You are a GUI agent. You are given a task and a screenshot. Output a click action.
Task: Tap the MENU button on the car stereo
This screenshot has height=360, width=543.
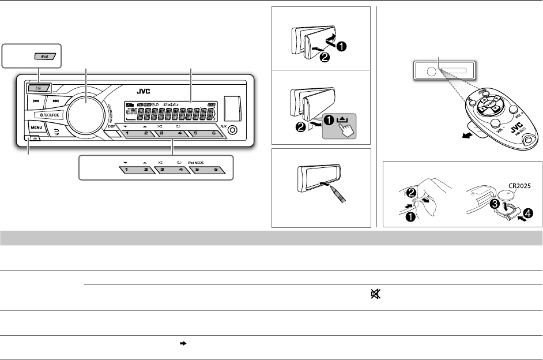click(36, 126)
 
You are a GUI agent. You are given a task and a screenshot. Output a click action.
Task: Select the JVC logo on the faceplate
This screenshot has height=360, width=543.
click(144, 91)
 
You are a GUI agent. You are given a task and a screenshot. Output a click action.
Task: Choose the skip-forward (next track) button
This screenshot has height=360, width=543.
click(55, 100)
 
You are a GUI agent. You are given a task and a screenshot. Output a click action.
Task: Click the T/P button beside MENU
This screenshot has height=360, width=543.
click(56, 131)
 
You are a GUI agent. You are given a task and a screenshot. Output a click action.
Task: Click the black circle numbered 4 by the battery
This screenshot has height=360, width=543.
click(527, 212)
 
